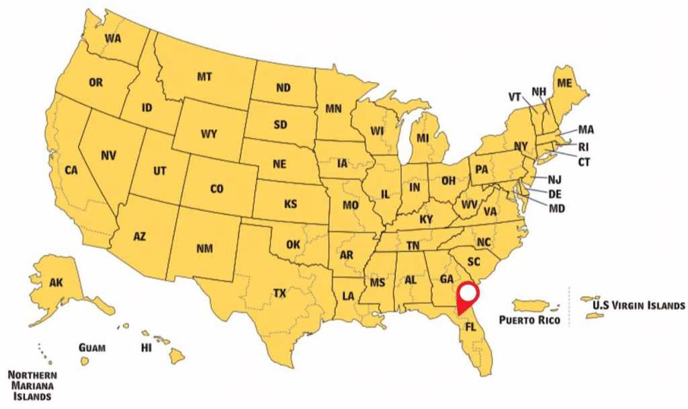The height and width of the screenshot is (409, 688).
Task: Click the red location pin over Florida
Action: click(467, 296)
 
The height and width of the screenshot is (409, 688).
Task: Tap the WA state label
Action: click(112, 38)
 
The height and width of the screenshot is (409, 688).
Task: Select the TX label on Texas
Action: click(279, 293)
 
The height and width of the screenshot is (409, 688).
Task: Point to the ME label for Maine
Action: click(565, 82)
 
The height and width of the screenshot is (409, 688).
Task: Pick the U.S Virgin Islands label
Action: click(638, 305)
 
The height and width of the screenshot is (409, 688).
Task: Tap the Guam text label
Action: click(91, 348)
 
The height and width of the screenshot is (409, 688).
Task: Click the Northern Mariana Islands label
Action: click(32, 385)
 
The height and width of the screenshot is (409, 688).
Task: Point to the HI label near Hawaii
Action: click(146, 348)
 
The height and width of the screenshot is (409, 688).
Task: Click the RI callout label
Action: click(583, 146)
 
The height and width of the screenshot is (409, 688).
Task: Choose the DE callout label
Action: click(555, 194)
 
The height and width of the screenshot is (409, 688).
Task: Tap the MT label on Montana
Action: click(205, 77)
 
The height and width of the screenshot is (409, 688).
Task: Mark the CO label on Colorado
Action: click(216, 190)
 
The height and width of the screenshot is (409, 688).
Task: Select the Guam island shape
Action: click(85, 361)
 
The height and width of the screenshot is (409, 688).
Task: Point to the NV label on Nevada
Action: click(109, 155)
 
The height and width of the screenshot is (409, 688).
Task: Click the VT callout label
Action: click(515, 97)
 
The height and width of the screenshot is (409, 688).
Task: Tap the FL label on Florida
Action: click(471, 326)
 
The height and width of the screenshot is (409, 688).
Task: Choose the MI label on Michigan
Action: click(422, 139)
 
